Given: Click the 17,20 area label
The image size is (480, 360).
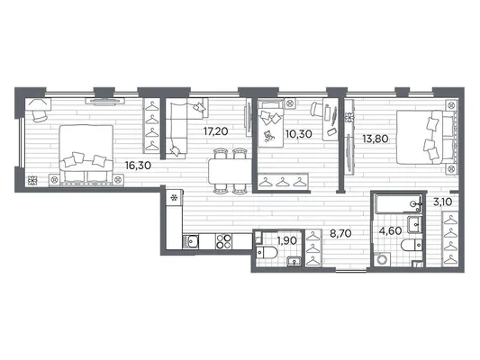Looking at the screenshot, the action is tap(216, 131).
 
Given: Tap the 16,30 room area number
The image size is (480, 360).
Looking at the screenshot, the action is tap(138, 166).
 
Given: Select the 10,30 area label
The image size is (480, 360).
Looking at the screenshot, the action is tap(299, 134).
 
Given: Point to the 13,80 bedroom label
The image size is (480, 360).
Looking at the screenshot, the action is tap(376, 139).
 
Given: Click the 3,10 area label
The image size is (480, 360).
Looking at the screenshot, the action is tap(443, 202).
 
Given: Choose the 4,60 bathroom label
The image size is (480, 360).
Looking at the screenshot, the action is tap(390, 231).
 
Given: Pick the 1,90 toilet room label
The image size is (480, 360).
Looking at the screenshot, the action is tap(287, 240).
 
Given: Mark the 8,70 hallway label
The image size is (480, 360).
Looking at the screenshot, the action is tap(340, 234).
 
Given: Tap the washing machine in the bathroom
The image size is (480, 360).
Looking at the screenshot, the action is tap(382, 259).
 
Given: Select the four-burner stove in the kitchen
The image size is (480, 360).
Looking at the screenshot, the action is tap(223, 241).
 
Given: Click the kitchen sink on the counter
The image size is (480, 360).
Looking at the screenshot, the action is tap(191, 242).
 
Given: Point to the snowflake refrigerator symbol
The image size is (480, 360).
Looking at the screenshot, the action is tap(174, 198).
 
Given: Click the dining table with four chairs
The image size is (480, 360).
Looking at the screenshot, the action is tap(231, 171).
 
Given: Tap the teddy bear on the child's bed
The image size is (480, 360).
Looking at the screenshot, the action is tap(269, 136).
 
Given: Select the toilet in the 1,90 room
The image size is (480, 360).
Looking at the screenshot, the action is tap(267, 253).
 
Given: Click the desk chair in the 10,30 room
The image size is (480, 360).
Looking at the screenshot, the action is tap(316, 109).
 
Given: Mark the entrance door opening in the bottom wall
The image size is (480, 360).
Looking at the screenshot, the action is tap(351, 270).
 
